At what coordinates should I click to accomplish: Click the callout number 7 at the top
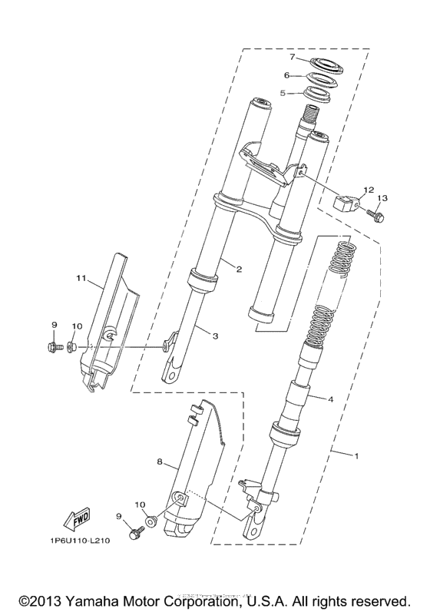pos(292,57)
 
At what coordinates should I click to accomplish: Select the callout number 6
pos(286,75)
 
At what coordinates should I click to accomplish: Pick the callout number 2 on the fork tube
pos(239,269)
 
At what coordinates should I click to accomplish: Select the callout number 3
pos(216,336)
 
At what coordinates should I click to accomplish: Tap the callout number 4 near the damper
pos(330,399)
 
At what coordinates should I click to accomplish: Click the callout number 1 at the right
pos(356,456)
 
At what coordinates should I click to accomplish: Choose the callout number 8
pos(160,461)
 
